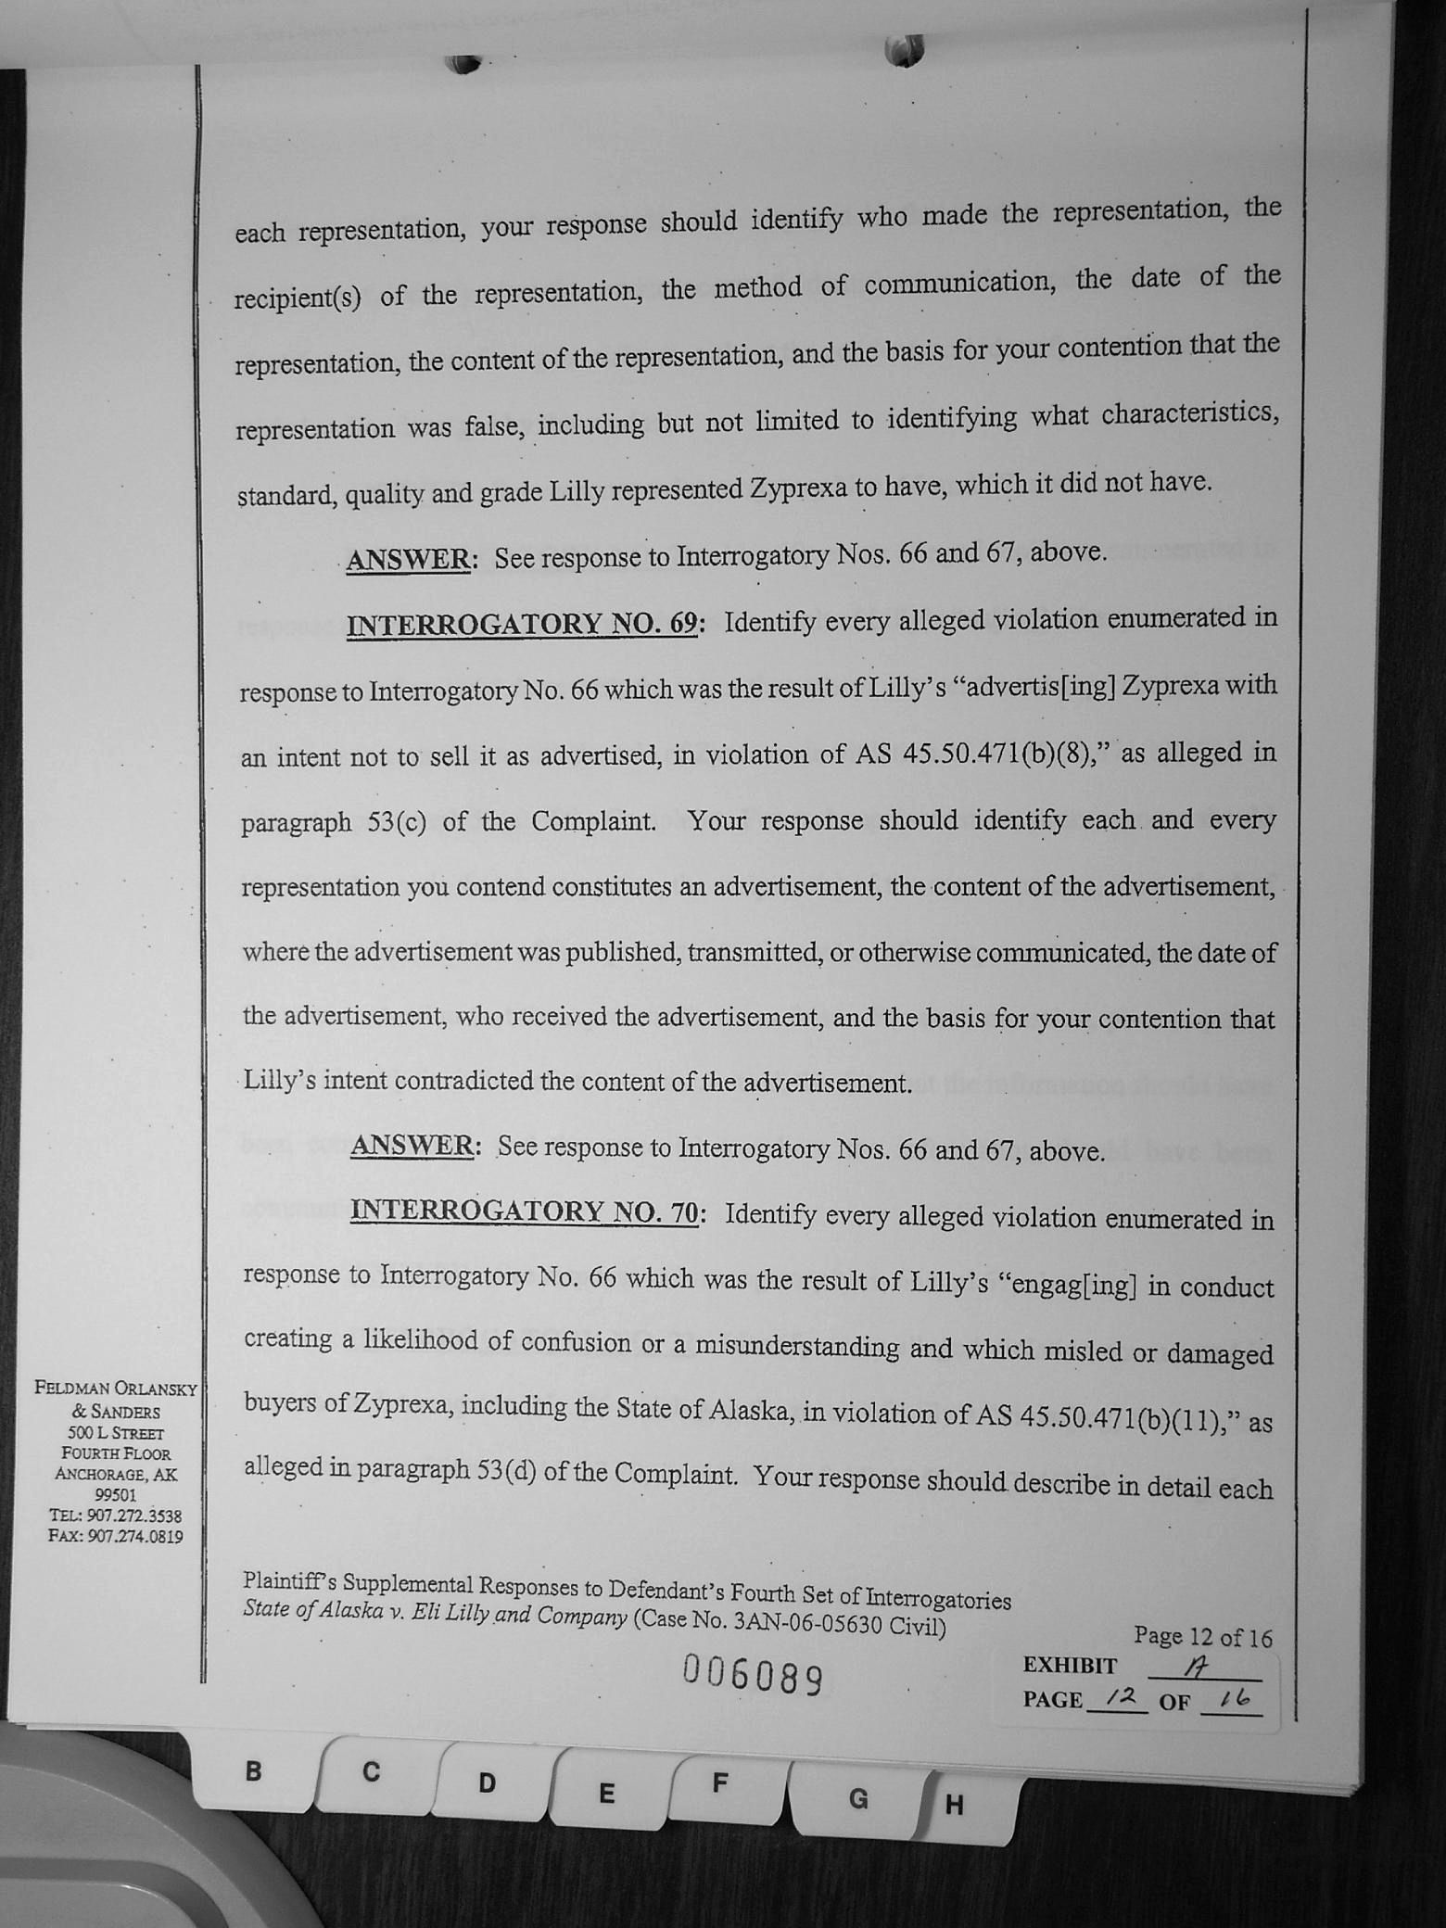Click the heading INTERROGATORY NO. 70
point(524,1211)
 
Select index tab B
point(253,1771)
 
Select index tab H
point(954,1805)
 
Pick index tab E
point(606,1793)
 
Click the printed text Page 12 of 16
point(1203,1637)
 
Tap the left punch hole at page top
point(463,64)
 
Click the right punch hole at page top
point(904,51)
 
